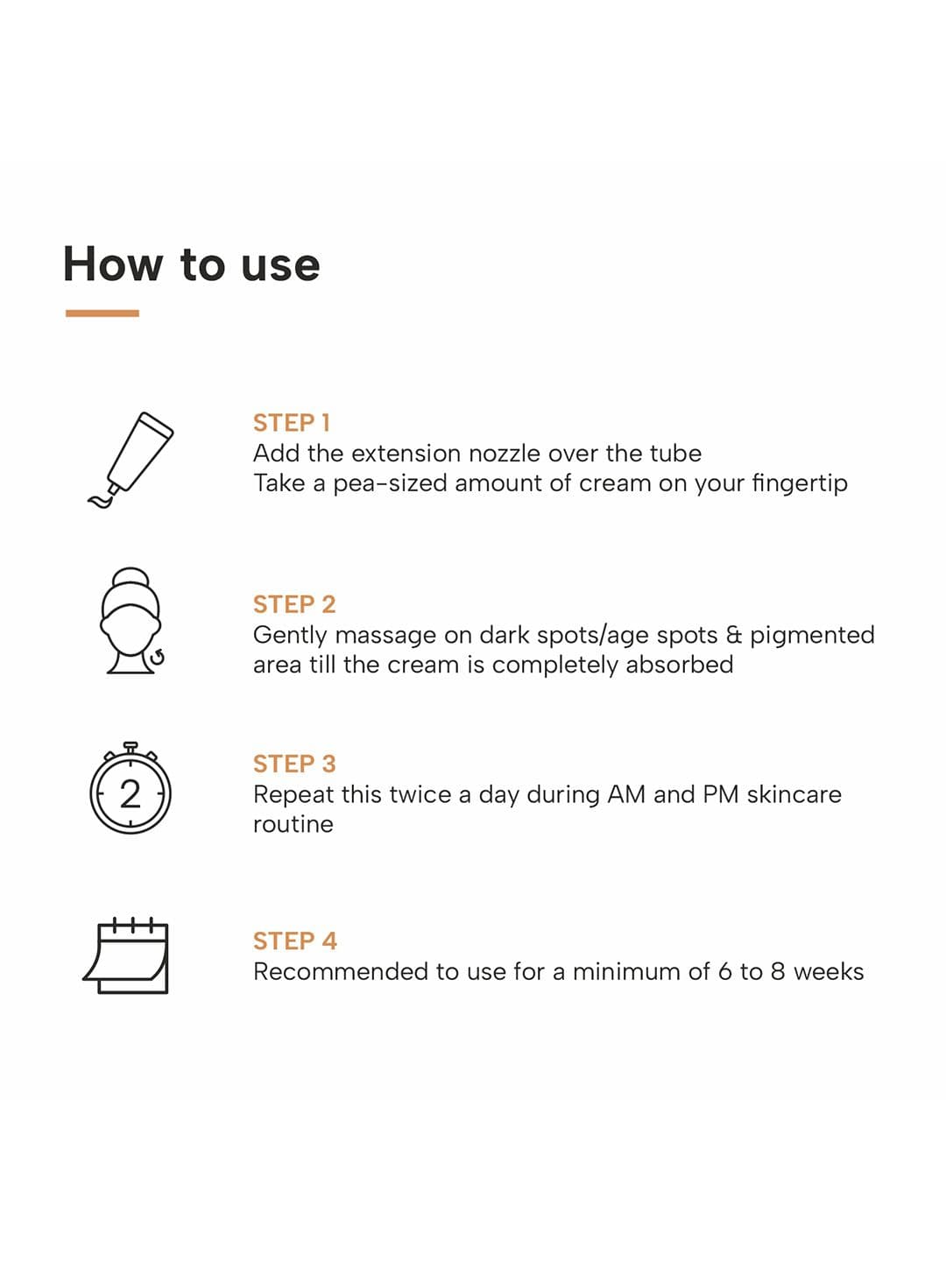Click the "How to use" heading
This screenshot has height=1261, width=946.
pyautogui.click(x=191, y=264)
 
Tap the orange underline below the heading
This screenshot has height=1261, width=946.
pyautogui.click(x=102, y=313)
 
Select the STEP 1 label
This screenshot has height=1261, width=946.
pyautogui.click(x=291, y=423)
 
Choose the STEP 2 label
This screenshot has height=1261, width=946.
pyautogui.click(x=294, y=604)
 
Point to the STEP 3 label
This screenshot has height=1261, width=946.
pyautogui.click(x=294, y=764)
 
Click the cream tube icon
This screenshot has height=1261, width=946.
pyautogui.click(x=131, y=460)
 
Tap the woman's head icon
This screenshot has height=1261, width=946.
pyautogui.click(x=131, y=621)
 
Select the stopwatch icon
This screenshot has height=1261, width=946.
pyautogui.click(x=131, y=787)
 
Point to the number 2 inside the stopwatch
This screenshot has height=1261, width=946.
pyautogui.click(x=131, y=795)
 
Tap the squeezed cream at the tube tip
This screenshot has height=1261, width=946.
pyautogui.click(x=100, y=500)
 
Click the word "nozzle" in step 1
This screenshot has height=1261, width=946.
pyautogui.click(x=505, y=454)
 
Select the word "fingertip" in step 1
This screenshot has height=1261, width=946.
pyautogui.click(x=800, y=484)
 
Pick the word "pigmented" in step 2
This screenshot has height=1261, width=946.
pyautogui.click(x=812, y=636)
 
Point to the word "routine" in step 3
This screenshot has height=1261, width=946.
pyautogui.click(x=293, y=825)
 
